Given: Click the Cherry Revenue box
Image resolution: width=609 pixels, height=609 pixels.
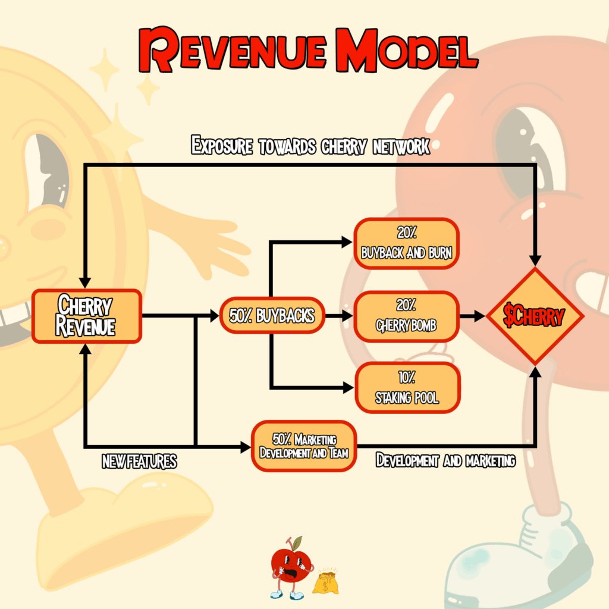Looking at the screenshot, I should pos(86,316).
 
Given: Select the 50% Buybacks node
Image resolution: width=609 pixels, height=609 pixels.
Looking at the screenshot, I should pos(272,316).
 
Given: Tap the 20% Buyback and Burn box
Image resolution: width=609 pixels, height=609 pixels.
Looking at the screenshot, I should pos(407,244).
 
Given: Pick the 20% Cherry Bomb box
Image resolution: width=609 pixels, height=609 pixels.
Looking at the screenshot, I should pos(407,316).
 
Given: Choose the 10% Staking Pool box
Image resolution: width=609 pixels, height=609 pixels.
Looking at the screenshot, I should pos(407,388).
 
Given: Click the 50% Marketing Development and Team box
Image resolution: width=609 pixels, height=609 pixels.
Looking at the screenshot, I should pos(303,446).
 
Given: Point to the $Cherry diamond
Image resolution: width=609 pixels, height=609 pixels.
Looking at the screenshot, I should pos(534,316).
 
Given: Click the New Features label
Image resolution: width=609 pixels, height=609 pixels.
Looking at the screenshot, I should pos(139,462).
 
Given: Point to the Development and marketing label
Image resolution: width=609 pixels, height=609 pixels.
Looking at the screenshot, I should pos(445,460).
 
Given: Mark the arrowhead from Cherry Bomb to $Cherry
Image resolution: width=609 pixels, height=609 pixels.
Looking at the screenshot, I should pos(479,316).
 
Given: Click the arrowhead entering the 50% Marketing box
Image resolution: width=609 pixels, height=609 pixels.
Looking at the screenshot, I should pos(246,447).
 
